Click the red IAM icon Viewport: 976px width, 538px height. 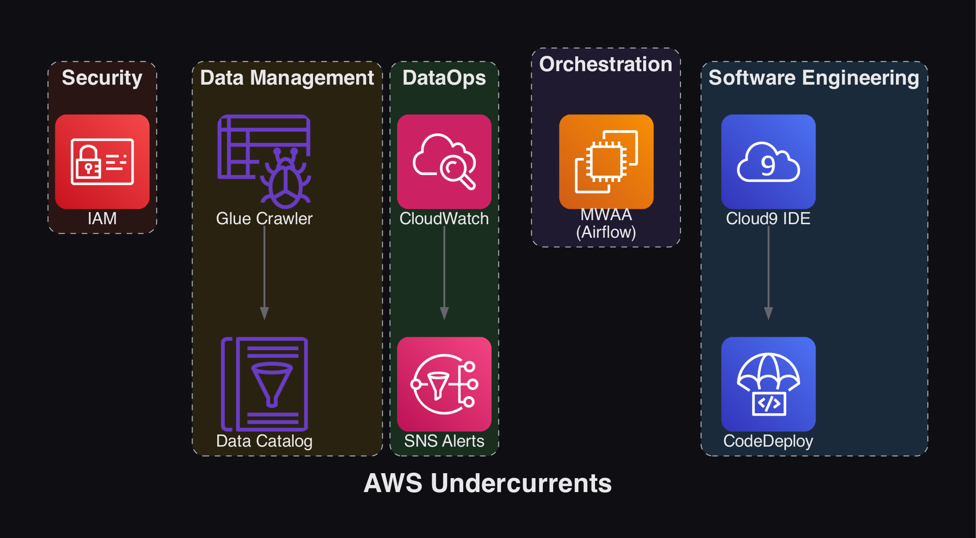pos(102,161)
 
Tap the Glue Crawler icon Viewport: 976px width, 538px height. pos(264,161)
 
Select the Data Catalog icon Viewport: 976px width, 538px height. pos(264,384)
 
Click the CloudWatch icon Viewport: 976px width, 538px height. pos(444,161)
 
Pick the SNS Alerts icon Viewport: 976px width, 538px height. pos(444,384)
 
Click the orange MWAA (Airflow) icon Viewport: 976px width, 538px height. pos(606,161)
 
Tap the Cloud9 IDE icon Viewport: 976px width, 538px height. pos(768,161)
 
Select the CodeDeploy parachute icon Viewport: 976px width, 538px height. pos(768,384)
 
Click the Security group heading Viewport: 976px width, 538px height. pos(102,77)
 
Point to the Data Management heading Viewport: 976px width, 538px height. pos(287,77)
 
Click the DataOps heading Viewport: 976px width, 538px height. pos(444,77)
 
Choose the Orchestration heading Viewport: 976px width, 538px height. pos(605,64)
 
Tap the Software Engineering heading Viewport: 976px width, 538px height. pos(814,77)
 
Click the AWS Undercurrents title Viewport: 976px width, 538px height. pos(488,483)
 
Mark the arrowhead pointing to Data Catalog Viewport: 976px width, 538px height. pos(264,313)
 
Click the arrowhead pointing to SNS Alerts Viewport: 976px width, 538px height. pos(444,313)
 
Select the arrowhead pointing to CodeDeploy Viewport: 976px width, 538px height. pos(769,313)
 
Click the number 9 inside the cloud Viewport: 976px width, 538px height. pos(768,166)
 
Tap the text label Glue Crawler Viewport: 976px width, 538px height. pos(264,218)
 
